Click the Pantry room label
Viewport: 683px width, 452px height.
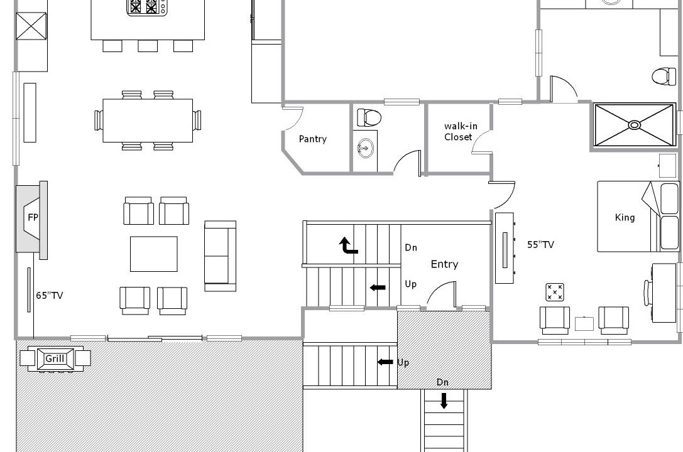pyautogui.click(x=312, y=139)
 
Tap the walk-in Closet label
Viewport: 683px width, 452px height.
pyautogui.click(x=460, y=131)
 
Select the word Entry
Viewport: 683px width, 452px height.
pyautogui.click(x=444, y=264)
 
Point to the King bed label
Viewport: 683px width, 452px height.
pyautogui.click(x=625, y=217)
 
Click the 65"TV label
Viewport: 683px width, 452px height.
pyautogui.click(x=49, y=296)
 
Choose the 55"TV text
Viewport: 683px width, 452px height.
pyautogui.click(x=540, y=244)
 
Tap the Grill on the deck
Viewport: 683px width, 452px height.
pyautogui.click(x=55, y=358)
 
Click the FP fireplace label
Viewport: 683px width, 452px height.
pyautogui.click(x=33, y=217)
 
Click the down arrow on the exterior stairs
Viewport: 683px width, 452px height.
pyautogui.click(x=444, y=401)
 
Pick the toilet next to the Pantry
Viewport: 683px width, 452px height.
pyautogui.click(x=369, y=117)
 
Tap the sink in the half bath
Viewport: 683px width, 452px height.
pyautogui.click(x=365, y=149)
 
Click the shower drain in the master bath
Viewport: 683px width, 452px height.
pyautogui.click(x=635, y=126)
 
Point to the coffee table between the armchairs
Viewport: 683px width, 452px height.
pyautogui.click(x=154, y=254)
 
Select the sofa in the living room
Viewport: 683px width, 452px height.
pyautogui.click(x=221, y=256)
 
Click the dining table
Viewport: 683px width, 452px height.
pyautogui.click(x=148, y=121)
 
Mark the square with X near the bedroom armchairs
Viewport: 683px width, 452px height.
pyautogui.click(x=554, y=292)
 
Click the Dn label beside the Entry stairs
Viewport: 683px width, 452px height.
pyautogui.click(x=411, y=247)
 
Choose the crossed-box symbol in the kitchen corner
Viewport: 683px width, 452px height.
pyautogui.click(x=31, y=26)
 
